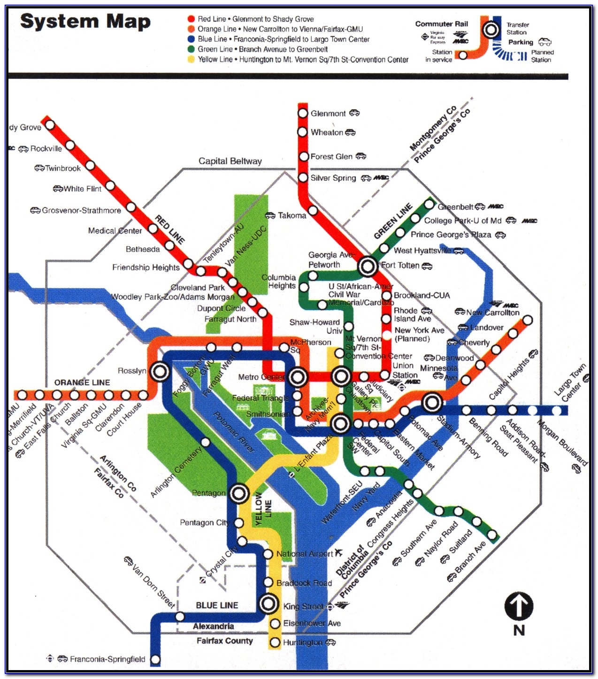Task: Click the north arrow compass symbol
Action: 519,606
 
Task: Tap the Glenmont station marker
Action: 303,113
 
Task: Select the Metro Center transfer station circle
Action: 298,376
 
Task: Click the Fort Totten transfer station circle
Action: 368,267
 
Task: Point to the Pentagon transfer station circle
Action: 239,493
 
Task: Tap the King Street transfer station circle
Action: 269,603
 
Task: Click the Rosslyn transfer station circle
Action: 160,372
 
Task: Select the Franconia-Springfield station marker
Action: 155,659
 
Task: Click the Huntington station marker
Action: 275,642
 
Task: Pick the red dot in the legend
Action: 191,19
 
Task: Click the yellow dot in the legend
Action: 191,60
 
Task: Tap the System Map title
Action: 85,22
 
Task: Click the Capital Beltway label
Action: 230,161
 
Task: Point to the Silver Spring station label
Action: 333,178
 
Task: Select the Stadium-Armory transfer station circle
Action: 432,402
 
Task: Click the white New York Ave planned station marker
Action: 386,335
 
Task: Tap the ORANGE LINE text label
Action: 82,382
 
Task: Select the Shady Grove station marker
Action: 50,125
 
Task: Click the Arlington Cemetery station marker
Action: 205,442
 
